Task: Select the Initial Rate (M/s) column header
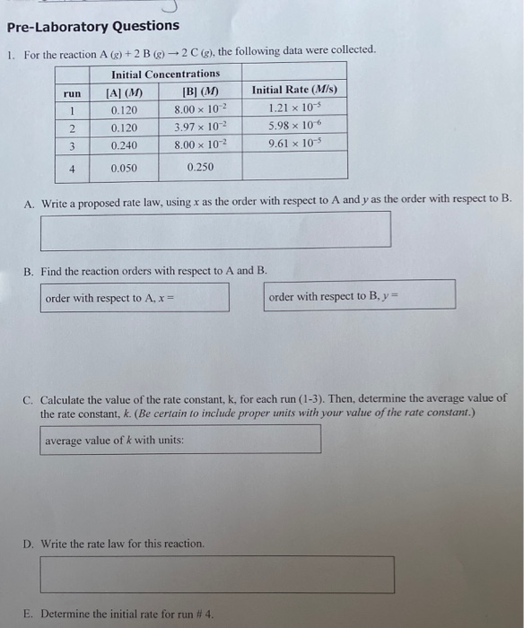coord(294,90)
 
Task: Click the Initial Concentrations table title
coord(165,74)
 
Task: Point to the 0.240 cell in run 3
coord(124,144)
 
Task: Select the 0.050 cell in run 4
coord(124,168)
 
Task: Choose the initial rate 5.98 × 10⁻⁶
coord(294,126)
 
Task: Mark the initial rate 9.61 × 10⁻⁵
coord(294,144)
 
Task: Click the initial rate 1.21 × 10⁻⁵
coord(294,109)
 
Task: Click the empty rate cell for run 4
coord(294,166)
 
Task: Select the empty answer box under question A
coord(215,231)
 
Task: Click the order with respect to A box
coord(135,297)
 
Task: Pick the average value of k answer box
coord(180,440)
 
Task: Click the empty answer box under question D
coord(216,575)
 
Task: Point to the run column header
coord(73,92)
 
